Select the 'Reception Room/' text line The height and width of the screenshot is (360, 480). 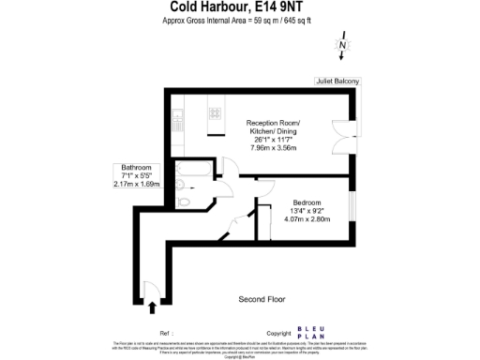tap(275, 124)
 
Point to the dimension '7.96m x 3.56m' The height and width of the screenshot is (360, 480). tap(275, 148)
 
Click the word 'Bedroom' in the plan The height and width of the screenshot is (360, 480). tap(307, 202)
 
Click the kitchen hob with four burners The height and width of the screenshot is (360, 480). tap(215, 112)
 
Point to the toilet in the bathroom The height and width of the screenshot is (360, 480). tap(185, 201)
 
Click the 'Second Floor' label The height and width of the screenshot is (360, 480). tap(262, 299)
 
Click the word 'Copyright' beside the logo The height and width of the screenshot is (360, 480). tap(278, 333)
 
